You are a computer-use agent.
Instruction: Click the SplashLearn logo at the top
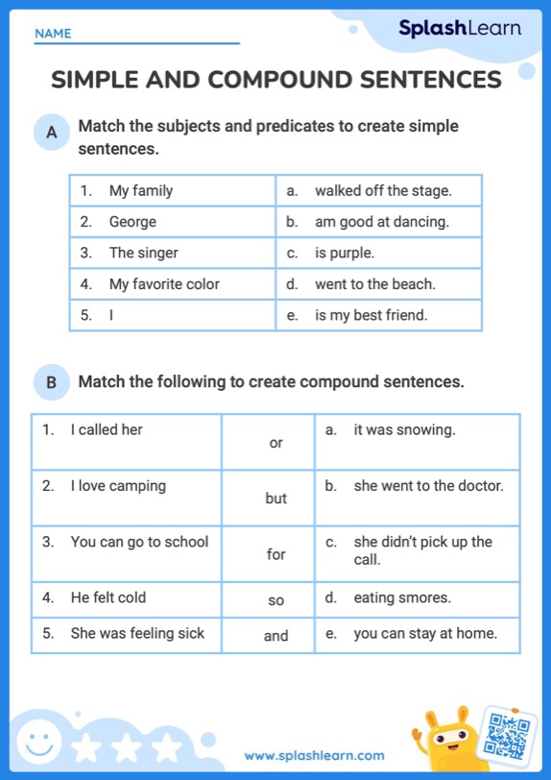point(460,29)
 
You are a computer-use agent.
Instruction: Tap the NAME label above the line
point(53,34)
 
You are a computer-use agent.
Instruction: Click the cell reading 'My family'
point(140,190)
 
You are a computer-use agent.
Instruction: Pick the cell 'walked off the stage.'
point(382,190)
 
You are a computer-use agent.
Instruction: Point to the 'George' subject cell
point(132,222)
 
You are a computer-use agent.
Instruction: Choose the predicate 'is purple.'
point(344,253)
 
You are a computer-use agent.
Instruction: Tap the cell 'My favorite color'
point(164,284)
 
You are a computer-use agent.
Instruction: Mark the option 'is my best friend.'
point(371,315)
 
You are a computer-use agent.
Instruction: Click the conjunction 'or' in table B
point(276,443)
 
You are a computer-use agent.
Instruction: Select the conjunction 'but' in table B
point(276,499)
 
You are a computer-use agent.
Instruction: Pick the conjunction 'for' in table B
point(276,554)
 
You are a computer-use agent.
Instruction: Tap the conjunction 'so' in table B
point(276,600)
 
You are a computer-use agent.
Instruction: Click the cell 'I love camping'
point(118,486)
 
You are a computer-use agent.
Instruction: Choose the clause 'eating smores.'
point(401,597)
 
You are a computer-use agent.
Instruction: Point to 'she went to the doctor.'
point(428,486)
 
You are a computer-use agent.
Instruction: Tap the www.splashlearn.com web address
point(314,756)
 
